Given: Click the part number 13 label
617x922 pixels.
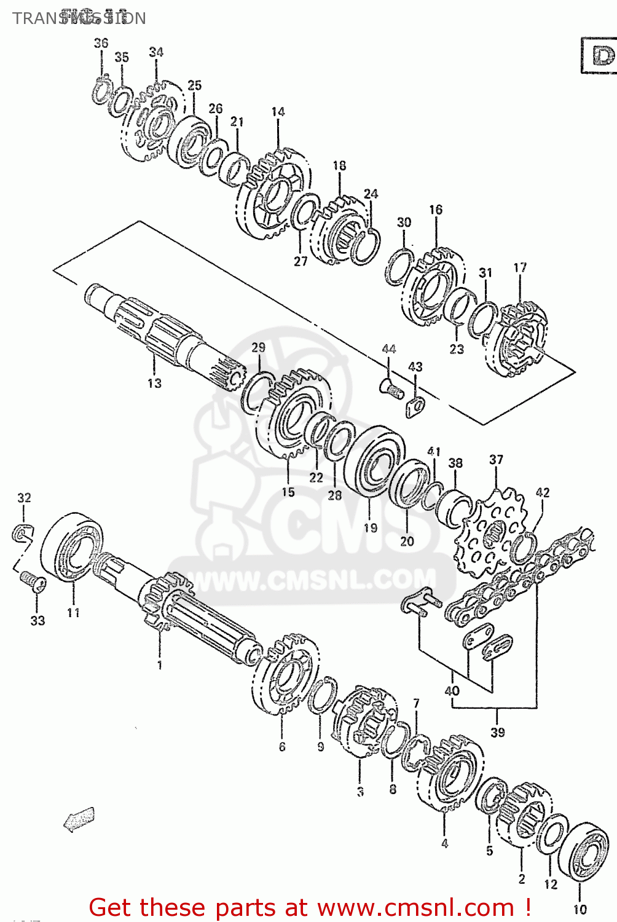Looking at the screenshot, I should point(154,383).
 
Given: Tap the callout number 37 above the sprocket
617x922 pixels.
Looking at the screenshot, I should point(496,459).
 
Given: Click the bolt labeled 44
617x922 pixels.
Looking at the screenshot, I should point(390,387).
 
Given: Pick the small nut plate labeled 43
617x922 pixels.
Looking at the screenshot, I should point(416,406).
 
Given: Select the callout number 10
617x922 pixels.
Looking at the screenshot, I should point(580,908).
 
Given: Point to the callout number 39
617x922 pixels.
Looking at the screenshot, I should point(497,732).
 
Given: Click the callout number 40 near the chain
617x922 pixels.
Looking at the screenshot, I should point(452,690).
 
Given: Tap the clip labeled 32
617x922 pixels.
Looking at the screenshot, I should point(22,533).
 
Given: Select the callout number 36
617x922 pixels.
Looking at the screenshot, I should point(101,42).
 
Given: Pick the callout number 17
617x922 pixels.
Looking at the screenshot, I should point(520,267).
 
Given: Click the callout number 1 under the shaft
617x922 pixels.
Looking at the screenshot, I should point(160,664).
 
